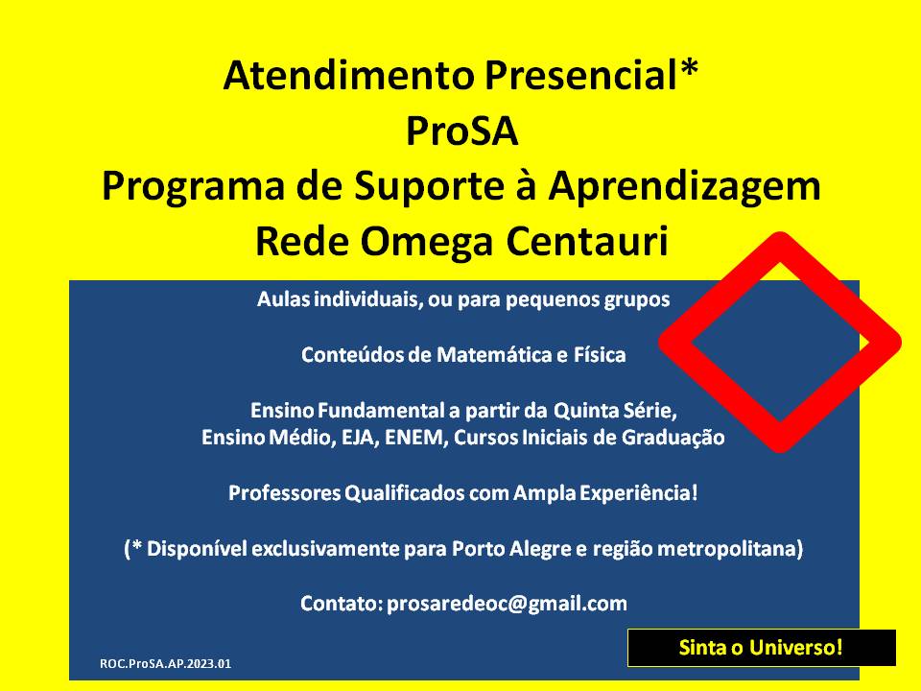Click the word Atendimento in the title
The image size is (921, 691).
coord(348,76)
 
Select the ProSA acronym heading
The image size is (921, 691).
coord(461,131)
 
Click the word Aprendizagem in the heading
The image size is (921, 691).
coord(684,188)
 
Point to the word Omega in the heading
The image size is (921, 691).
coord(426,242)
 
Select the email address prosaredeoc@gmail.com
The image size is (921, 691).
coord(507,604)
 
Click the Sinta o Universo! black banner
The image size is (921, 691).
coord(761,648)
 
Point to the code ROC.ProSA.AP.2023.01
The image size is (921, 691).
coord(166,664)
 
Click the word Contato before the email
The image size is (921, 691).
coord(342,604)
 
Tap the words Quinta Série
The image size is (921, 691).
coord(615,411)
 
